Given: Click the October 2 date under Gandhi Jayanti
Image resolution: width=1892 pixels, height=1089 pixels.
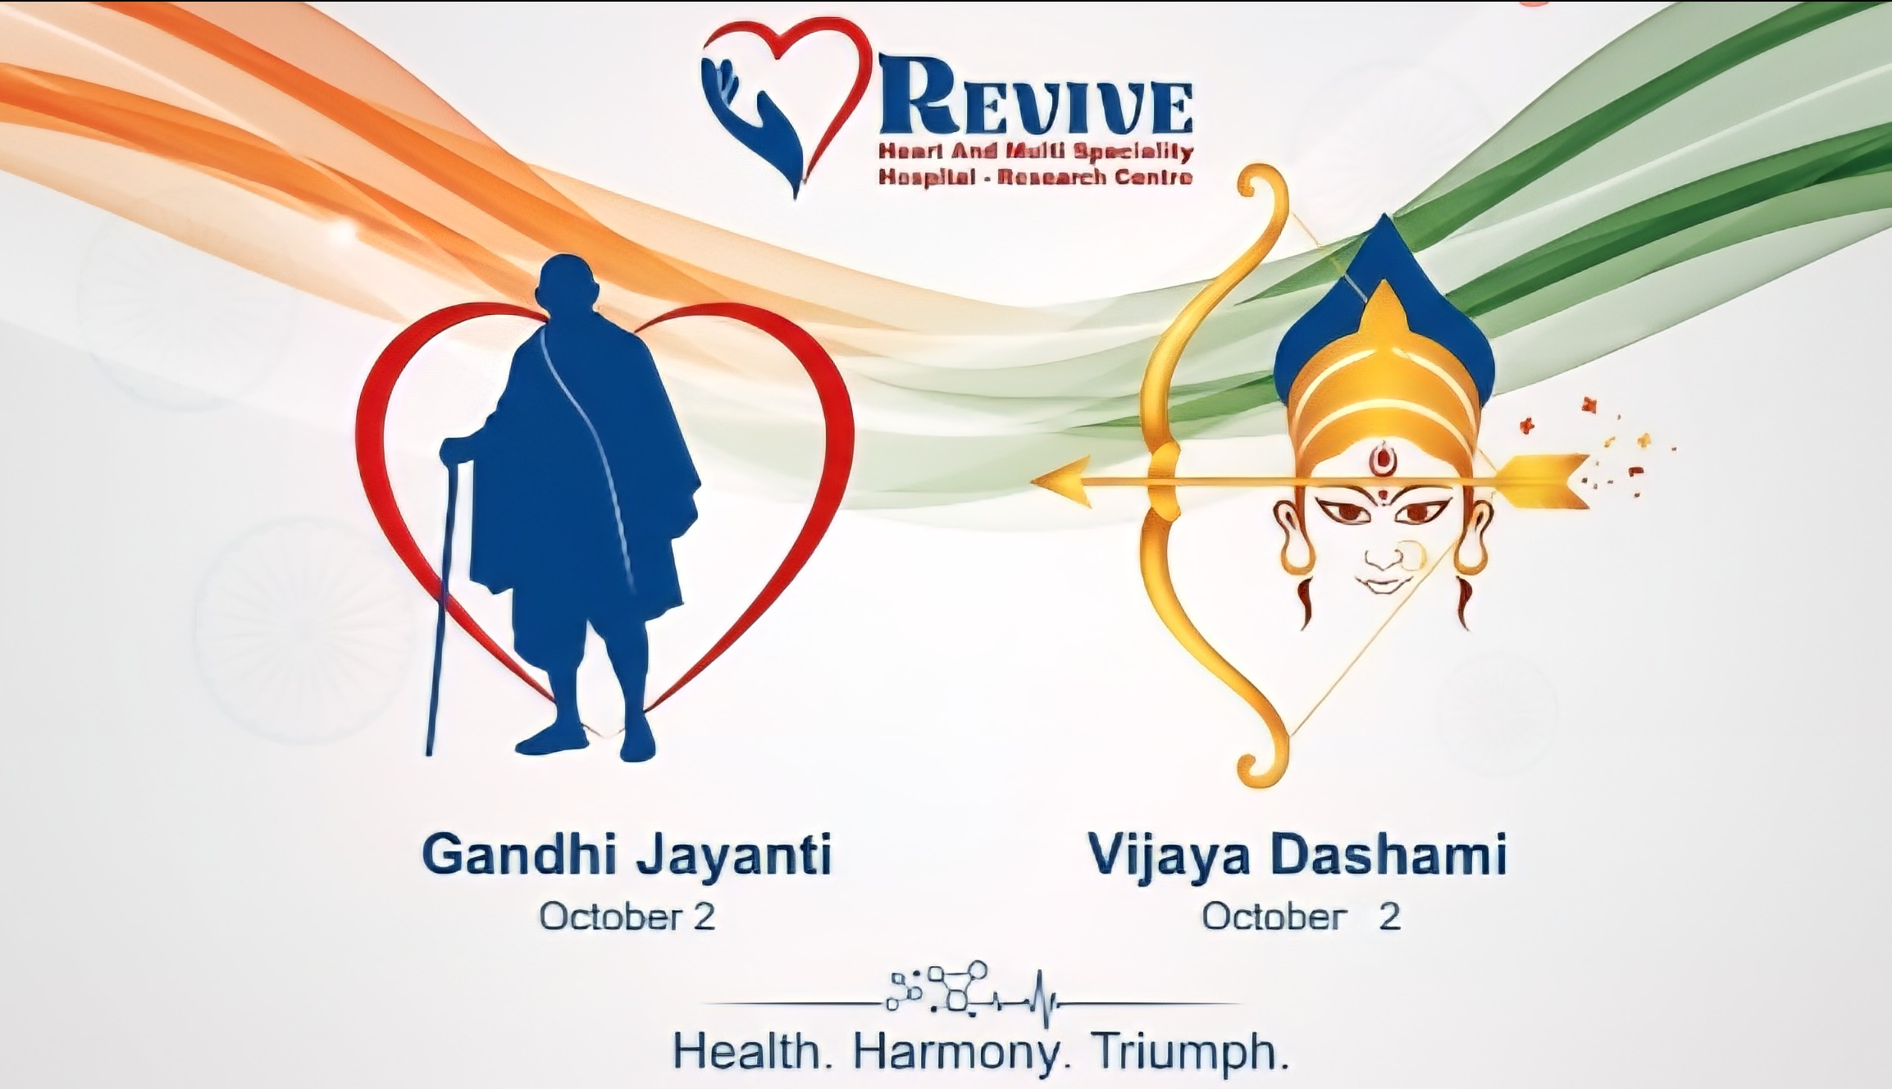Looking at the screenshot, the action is click(627, 916).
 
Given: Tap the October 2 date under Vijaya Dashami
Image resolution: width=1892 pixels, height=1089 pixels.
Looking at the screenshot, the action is click(1302, 916).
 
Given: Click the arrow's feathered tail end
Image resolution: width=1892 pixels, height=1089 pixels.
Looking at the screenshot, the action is click(1542, 481).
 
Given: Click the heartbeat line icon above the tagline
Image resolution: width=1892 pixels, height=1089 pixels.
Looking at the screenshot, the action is click(972, 998).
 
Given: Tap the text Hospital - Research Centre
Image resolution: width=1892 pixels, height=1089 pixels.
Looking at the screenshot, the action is click(1035, 177).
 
